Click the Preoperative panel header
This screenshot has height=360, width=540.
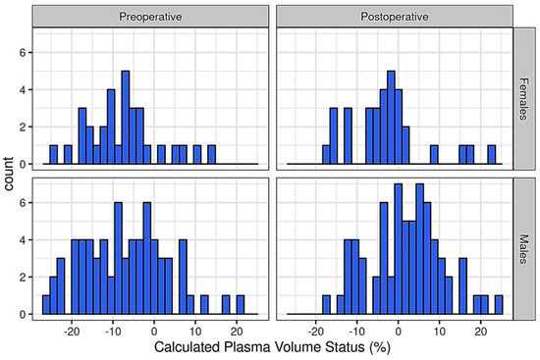(x=149, y=17)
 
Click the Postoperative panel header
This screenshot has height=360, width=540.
(x=393, y=17)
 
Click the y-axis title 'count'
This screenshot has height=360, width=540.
(x=9, y=173)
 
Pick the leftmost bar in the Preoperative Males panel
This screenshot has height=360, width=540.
(x=45, y=305)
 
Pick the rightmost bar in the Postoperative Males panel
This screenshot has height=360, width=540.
(x=498, y=305)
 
